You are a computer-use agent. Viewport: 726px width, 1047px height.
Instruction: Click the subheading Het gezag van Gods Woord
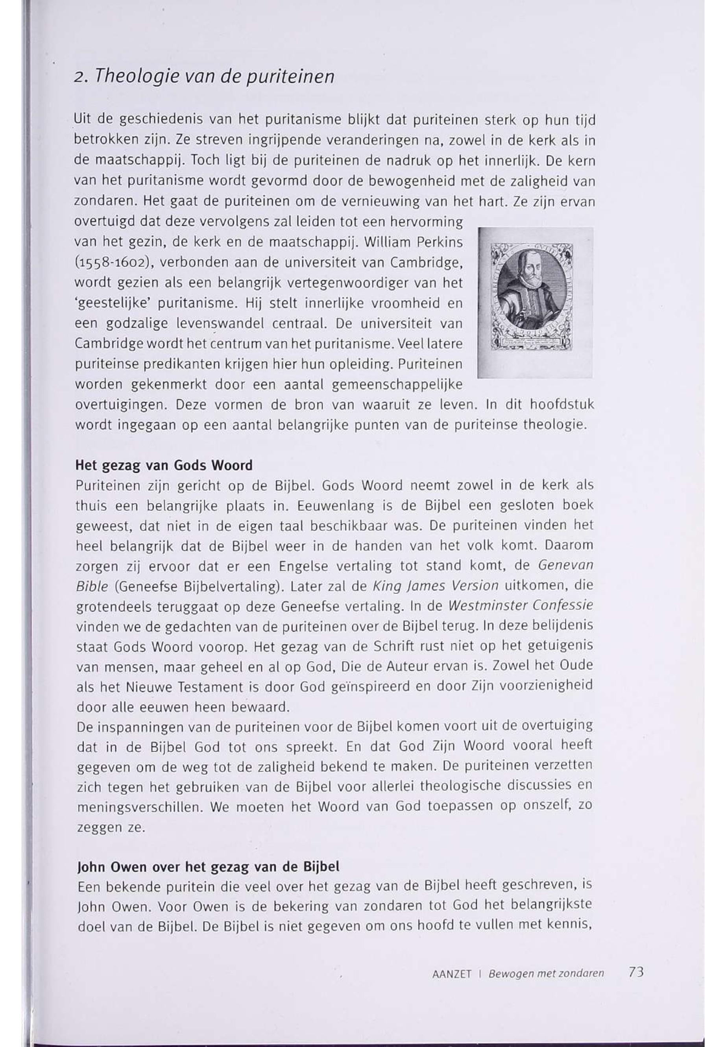coord(164,466)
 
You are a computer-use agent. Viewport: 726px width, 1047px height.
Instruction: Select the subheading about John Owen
coord(209,867)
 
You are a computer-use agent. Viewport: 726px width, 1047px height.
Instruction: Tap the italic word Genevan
coord(565,566)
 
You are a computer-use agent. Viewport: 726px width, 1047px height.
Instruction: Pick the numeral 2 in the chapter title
coord(78,78)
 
